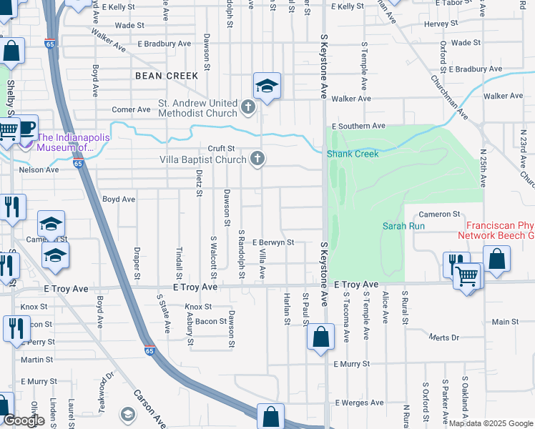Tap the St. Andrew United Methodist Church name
(x=197, y=108)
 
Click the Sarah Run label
(x=404, y=226)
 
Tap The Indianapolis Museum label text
(x=66, y=143)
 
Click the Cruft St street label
(x=221, y=149)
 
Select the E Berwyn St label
(x=273, y=242)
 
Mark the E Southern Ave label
(x=358, y=126)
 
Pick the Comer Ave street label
(x=128, y=110)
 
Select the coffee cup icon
(x=26, y=127)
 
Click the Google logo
(x=24, y=420)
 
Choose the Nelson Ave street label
(x=39, y=170)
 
